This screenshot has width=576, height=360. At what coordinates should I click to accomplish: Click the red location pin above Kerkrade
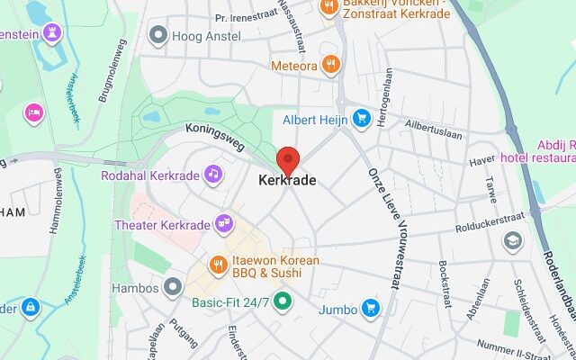pyautogui.click(x=287, y=159)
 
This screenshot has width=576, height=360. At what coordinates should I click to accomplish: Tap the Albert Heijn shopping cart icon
pyautogui.click(x=362, y=119)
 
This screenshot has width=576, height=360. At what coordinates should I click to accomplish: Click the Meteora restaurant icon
pyautogui.click(x=332, y=65)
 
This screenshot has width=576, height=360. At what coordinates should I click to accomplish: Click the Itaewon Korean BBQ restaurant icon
pyautogui.click(x=218, y=265)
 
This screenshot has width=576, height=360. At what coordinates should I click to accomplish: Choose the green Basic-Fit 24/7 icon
pyautogui.click(x=283, y=301)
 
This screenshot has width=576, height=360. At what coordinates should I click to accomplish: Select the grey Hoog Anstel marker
pyautogui.click(x=159, y=36)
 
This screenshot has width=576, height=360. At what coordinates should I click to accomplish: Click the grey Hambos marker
pyautogui.click(x=173, y=288)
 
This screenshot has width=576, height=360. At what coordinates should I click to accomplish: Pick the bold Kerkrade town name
pyautogui.click(x=287, y=181)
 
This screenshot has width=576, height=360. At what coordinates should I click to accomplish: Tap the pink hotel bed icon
pyautogui.click(x=34, y=112)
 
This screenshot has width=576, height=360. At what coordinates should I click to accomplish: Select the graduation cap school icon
pyautogui.click(x=512, y=240)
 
